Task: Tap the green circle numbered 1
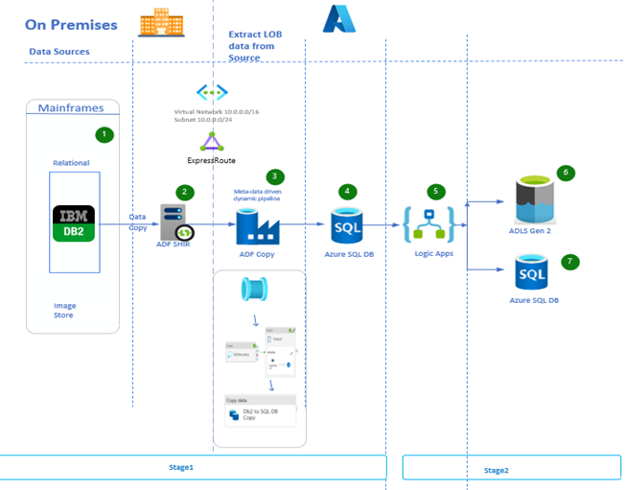point(104,135)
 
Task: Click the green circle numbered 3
point(275,176)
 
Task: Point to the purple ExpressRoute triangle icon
point(211,143)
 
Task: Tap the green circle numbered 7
point(571,262)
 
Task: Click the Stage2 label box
point(510,468)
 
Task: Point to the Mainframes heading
point(71,108)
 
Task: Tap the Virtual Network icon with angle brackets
point(212,92)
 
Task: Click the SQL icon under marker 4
point(346,226)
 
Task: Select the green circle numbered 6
point(566,174)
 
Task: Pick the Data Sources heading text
point(59,52)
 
